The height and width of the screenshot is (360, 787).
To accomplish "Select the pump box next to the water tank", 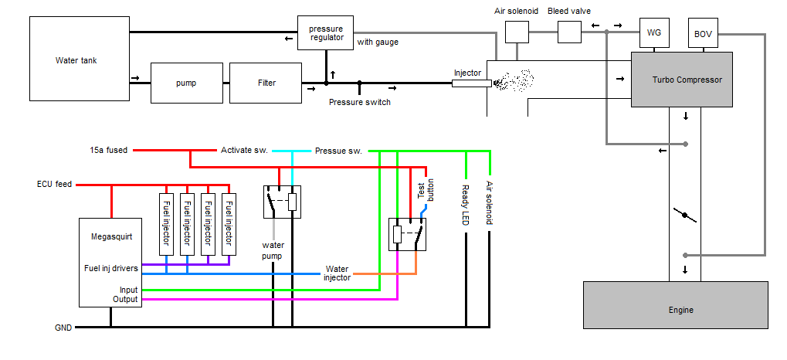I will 186,83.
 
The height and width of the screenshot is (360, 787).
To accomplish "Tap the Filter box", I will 265,83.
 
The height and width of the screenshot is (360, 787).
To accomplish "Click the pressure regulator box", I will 325,33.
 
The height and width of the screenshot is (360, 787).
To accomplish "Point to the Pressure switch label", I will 359,102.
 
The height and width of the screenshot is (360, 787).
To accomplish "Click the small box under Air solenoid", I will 517,32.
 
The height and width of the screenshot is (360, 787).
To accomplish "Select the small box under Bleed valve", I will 569,32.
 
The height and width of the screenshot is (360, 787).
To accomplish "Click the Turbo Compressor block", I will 681,80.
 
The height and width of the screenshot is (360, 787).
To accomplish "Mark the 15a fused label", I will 109,150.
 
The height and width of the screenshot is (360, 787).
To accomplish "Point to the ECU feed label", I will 54,185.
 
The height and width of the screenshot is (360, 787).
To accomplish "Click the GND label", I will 63,328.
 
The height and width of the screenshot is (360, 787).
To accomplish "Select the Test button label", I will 426,189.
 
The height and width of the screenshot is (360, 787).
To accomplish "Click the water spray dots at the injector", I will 513,80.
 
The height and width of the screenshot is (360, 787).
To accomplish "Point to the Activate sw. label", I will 244,150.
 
